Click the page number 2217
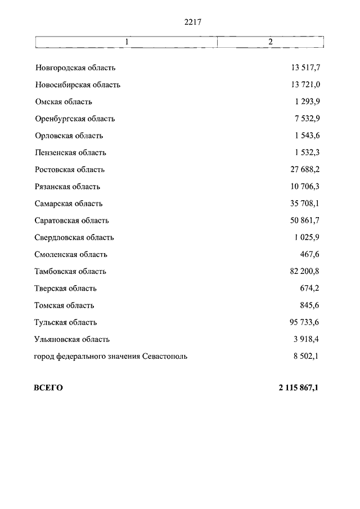coord(192,22)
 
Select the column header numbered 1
coord(127,42)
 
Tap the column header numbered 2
coord(270,42)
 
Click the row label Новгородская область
coord(75,68)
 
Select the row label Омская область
coord(63,102)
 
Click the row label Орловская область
coord(69,136)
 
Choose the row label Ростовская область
coord(70,170)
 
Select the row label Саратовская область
coord(71,220)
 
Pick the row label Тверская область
coord(66,289)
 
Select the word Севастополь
coord(165,356)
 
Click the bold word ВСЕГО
coord(48,388)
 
